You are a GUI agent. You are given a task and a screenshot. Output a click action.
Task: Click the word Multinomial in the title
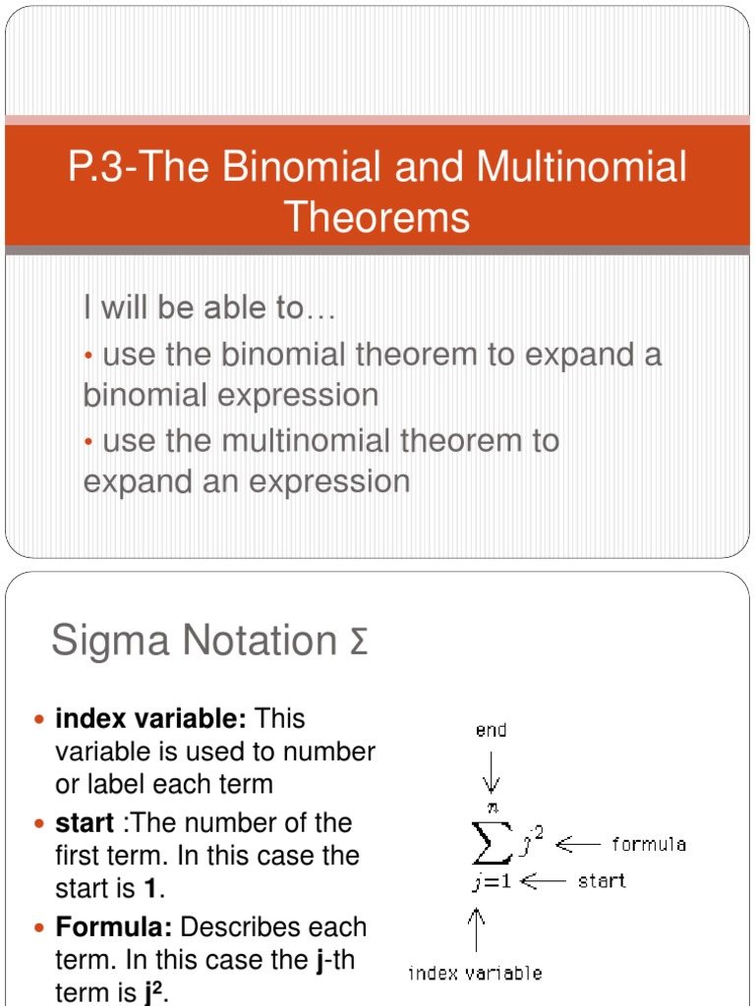[581, 167]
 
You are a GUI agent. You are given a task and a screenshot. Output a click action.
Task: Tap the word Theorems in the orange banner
[377, 216]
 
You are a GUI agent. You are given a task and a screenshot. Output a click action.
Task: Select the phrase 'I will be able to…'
[209, 308]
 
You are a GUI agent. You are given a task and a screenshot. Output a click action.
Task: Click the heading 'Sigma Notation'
[194, 642]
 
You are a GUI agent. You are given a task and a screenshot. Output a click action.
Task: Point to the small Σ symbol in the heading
[359, 645]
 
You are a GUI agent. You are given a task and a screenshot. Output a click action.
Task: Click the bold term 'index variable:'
[150, 718]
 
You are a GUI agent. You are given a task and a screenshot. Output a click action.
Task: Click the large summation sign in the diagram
[496, 843]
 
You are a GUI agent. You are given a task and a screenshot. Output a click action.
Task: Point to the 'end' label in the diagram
[491, 731]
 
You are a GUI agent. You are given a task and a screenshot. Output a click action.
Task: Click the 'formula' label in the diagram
[649, 844]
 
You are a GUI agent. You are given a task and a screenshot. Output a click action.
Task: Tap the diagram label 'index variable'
[475, 974]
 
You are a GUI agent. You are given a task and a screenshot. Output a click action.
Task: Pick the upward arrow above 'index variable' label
[479, 928]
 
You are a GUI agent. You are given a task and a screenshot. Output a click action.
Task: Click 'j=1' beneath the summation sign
[490, 881]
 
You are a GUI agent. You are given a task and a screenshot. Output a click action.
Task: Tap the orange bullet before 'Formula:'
[40, 928]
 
